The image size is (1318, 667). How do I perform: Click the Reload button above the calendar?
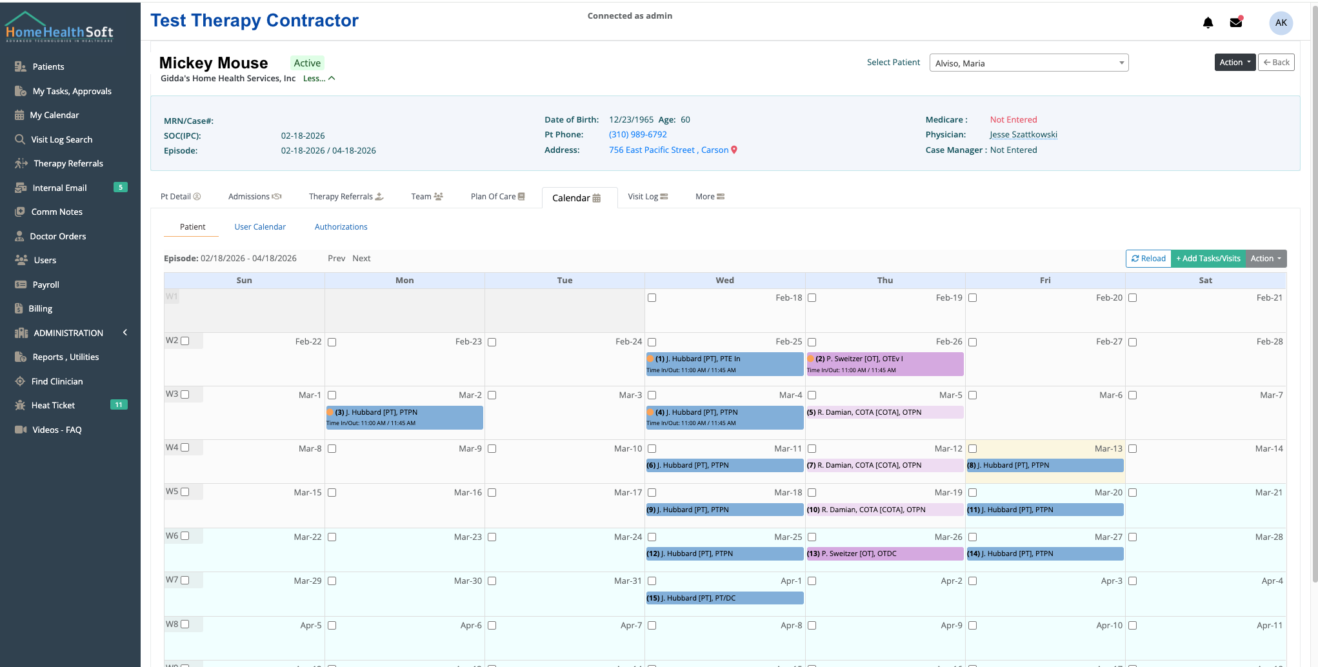[1148, 259]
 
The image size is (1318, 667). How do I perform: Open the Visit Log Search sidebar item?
[61, 139]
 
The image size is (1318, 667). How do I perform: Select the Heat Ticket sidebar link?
[53, 406]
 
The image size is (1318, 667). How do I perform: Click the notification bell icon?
[1208, 23]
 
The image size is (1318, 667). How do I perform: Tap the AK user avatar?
[1281, 23]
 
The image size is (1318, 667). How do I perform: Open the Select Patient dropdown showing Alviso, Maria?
[1028, 63]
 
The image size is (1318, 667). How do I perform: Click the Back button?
[1276, 63]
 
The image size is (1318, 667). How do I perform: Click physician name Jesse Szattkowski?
[1023, 135]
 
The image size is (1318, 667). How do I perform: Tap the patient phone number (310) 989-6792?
[637, 135]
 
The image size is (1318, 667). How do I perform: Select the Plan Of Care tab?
[497, 197]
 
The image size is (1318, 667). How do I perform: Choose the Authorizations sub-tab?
[341, 227]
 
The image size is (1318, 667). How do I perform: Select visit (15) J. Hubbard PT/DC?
[724, 598]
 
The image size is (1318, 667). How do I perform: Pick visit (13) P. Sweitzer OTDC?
[884, 553]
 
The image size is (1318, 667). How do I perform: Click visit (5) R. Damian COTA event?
[884, 412]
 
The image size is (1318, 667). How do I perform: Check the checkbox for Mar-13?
[972, 449]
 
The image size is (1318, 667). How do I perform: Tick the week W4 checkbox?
[185, 448]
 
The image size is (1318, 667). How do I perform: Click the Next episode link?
[361, 259]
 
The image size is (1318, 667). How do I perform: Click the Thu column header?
[884, 281]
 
